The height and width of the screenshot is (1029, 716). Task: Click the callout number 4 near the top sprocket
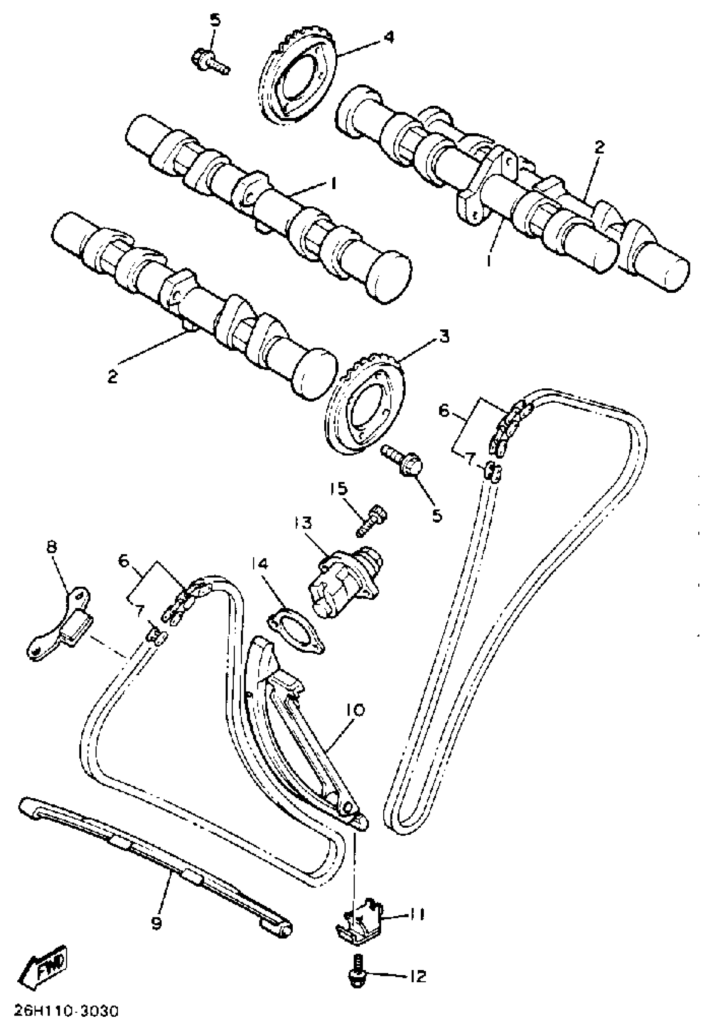pos(388,37)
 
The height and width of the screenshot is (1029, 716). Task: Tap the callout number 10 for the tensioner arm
pos(355,711)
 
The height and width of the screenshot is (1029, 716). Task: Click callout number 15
pos(339,489)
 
